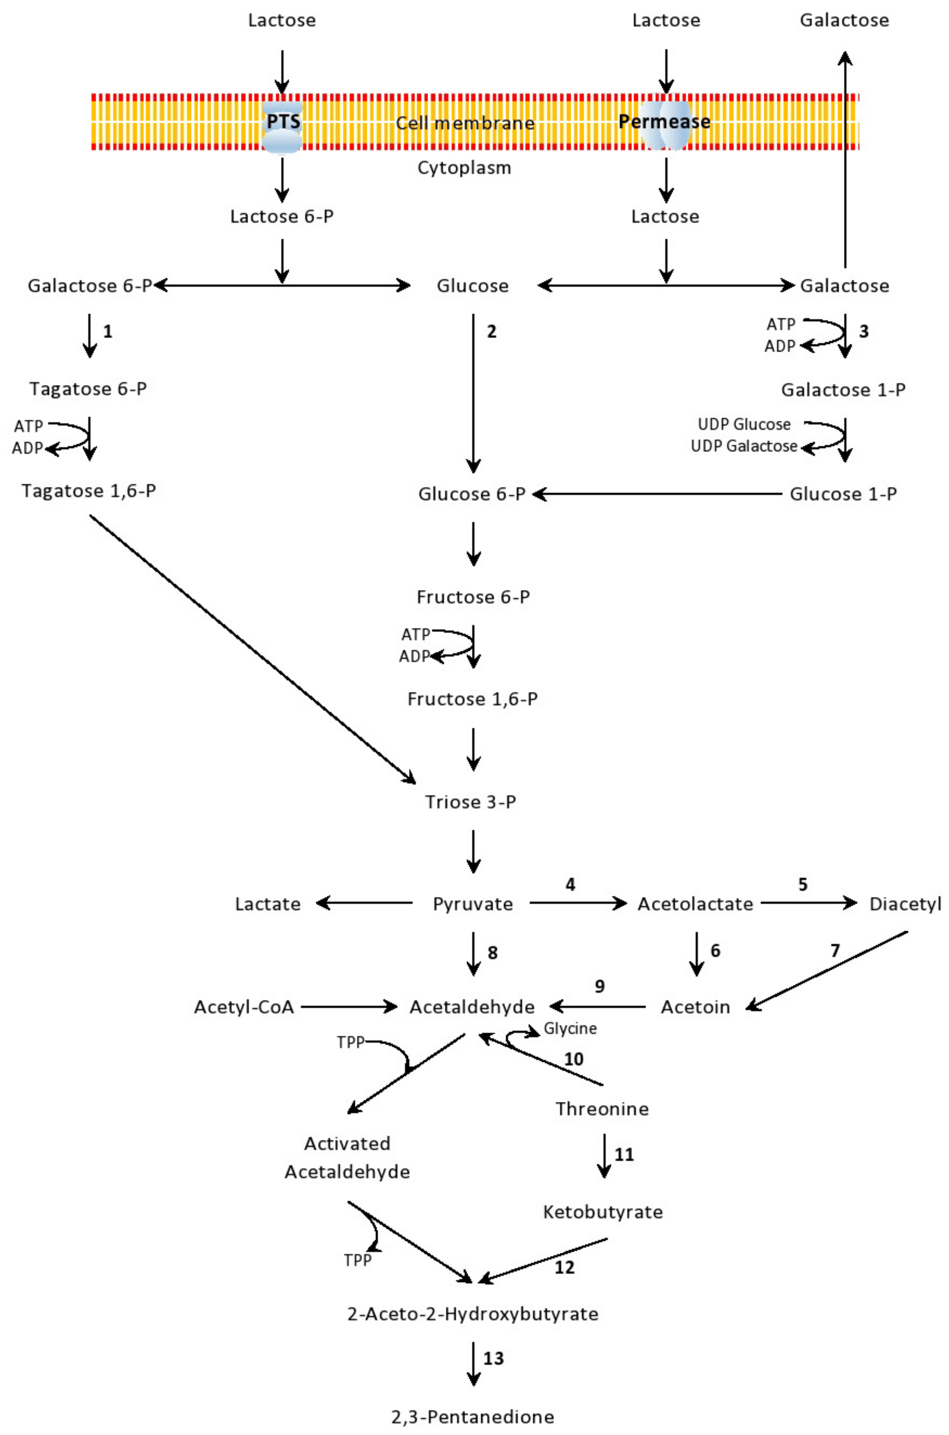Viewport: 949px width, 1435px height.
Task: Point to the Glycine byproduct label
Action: click(x=570, y=1028)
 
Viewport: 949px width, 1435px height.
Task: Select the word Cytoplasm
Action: click(x=464, y=168)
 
